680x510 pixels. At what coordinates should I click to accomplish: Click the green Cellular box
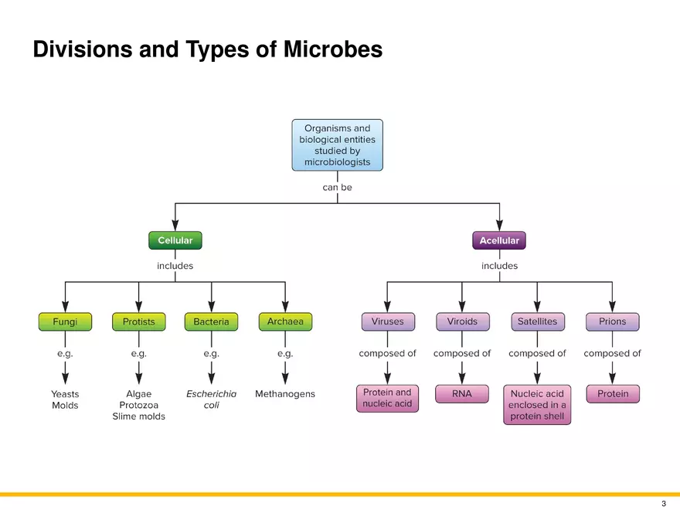tap(175, 240)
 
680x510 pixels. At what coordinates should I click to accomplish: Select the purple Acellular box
tap(499, 240)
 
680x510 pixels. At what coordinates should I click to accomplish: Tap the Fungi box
tap(65, 321)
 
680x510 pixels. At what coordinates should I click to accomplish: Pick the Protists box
tap(138, 321)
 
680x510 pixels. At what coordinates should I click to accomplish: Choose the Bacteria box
tap(211, 321)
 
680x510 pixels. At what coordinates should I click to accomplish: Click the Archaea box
tap(285, 321)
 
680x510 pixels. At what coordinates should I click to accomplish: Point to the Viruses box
tap(387, 321)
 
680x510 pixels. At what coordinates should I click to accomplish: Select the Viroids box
tap(462, 321)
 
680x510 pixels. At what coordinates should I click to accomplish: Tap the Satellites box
tap(537, 321)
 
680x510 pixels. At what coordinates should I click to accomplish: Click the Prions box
tap(612, 321)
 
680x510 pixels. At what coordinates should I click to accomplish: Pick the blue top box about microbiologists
tap(337, 145)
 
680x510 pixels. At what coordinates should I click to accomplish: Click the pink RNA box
tap(462, 394)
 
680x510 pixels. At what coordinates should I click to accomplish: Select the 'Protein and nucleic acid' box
tap(387, 398)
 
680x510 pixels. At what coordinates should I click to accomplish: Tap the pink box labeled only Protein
tap(613, 394)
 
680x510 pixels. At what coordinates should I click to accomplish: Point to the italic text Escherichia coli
tap(211, 399)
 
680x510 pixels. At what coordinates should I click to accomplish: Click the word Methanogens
tap(285, 394)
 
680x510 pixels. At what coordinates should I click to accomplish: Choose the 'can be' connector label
tap(337, 187)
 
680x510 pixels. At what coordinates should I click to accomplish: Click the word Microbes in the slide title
tap(333, 49)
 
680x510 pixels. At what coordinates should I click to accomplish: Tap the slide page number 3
tap(663, 503)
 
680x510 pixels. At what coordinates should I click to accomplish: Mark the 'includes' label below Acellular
tap(499, 266)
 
